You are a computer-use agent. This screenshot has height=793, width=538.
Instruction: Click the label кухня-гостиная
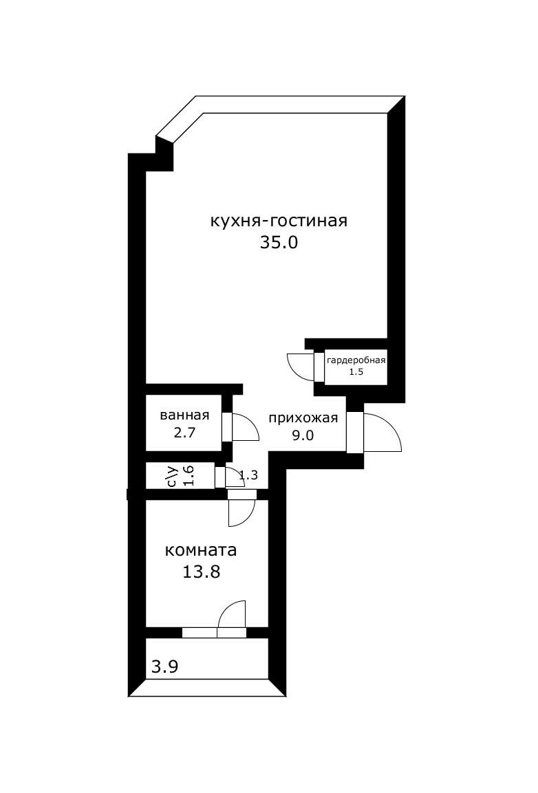(279, 221)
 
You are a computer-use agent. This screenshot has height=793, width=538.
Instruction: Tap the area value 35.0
(279, 242)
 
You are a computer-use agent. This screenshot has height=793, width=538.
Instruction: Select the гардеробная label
(356, 360)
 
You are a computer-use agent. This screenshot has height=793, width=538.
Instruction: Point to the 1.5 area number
(356, 371)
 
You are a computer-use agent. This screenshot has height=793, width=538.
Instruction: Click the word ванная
(184, 415)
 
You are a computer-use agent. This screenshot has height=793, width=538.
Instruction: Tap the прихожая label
(303, 418)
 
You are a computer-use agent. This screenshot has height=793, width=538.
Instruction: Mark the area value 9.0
(303, 436)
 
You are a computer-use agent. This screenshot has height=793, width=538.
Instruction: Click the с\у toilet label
(173, 476)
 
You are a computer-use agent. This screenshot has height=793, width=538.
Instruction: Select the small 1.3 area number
(248, 474)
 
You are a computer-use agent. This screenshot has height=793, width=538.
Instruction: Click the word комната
(201, 550)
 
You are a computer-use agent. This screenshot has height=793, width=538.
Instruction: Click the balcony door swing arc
(232, 611)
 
